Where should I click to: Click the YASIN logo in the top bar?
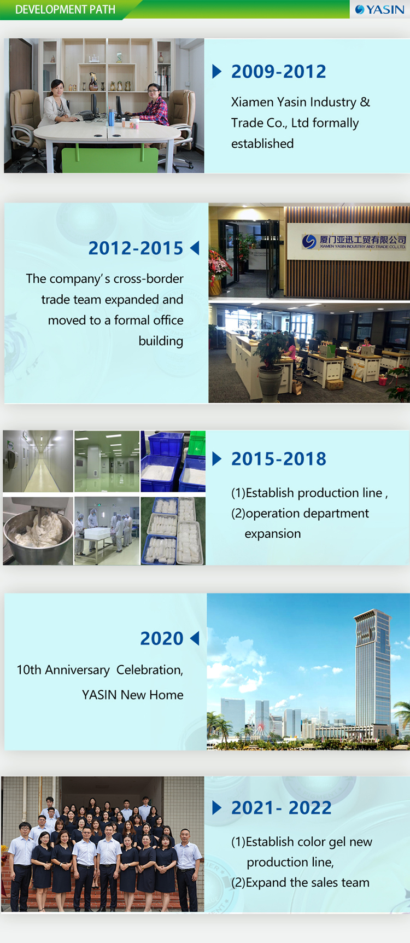pos(380,9)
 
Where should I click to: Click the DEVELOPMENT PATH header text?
pos(65,9)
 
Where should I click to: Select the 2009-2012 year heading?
pos(278,71)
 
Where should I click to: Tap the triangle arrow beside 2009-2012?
pos(217,71)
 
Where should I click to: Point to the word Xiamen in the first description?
pos(253,102)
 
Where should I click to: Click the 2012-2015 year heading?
pos(136,248)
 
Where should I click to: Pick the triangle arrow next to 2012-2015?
pos(195,248)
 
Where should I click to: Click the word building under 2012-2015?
pos(161,341)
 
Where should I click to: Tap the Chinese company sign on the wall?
pos(354,241)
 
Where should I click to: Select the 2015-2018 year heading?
pos(278,459)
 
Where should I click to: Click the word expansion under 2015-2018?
pos(272,534)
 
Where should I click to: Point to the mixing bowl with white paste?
pos(38,531)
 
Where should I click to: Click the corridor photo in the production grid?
pos(38,461)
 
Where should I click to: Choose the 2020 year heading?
pos(162,638)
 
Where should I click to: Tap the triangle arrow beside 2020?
pos(195,638)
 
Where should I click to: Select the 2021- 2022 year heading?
pos(281,808)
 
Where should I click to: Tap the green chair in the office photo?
pos(109,160)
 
